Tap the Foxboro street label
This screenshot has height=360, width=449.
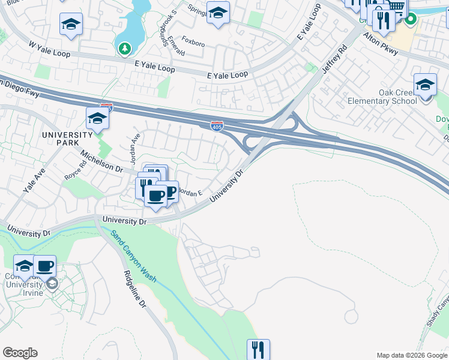tap(193, 43)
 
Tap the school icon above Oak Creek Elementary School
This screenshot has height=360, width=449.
tap(425, 85)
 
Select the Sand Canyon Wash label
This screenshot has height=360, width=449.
tap(133, 257)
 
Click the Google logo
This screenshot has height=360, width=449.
tap(20, 353)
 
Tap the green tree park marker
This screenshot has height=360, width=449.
tap(125, 47)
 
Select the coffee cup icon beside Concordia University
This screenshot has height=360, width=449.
tap(44, 265)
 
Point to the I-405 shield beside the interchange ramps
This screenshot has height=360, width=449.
tap(217, 125)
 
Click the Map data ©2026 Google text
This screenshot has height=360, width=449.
tap(411, 355)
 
